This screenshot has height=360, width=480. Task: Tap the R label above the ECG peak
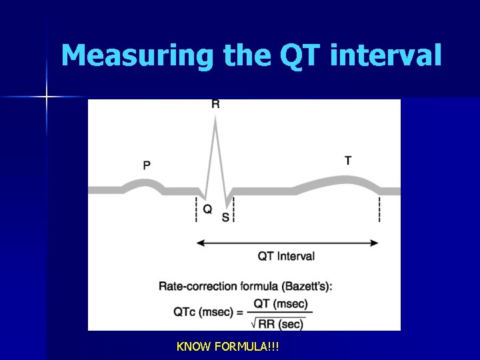pyautogui.click(x=215, y=104)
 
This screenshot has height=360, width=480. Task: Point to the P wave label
pyautogui.click(x=147, y=165)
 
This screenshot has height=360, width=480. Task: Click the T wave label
pyautogui.click(x=348, y=161)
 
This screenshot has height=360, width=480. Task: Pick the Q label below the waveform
pyautogui.click(x=207, y=209)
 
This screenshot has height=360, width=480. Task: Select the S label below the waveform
pyautogui.click(x=225, y=217)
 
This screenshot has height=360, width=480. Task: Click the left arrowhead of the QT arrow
pyautogui.click(x=199, y=243)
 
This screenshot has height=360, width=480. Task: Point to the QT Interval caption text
pyautogui.click(x=286, y=256)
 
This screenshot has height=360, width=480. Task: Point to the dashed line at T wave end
pyautogui.click(x=380, y=209)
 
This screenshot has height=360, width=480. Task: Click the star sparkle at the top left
pyautogui.click(x=47, y=97)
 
